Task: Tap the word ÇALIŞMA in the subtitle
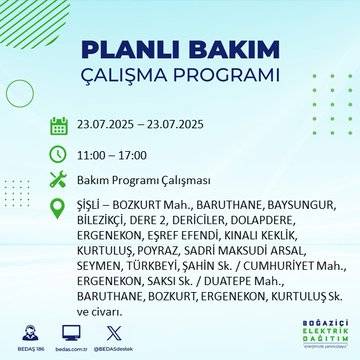tap(127, 78)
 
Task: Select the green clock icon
tap(59, 155)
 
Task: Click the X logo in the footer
tap(111, 332)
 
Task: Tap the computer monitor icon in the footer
tap(71, 332)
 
